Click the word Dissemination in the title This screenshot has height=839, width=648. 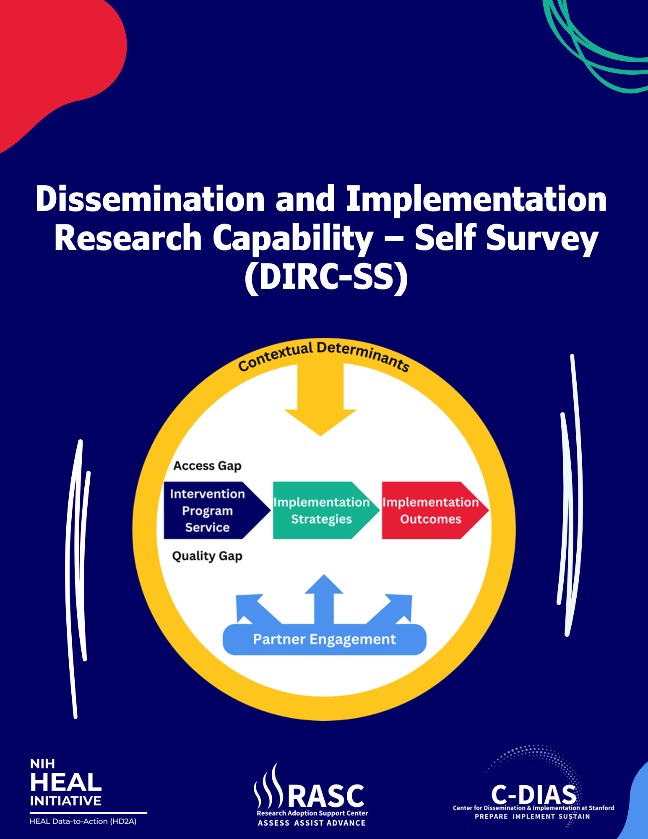click(150, 199)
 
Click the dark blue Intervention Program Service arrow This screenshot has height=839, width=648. click(208, 511)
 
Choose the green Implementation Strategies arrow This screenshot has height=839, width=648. click(321, 511)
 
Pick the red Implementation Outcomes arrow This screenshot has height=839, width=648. click(431, 511)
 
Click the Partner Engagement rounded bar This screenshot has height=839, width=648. click(324, 639)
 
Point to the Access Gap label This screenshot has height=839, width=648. click(207, 466)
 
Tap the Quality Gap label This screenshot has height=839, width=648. click(207, 556)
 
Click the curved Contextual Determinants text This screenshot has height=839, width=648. click(323, 354)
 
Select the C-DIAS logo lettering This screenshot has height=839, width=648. click(533, 794)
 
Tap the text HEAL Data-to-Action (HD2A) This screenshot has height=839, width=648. click(83, 821)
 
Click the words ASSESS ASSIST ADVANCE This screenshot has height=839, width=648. click(312, 823)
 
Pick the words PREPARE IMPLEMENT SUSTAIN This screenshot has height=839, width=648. click(532, 816)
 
